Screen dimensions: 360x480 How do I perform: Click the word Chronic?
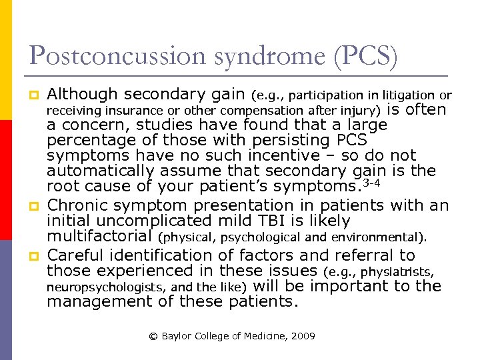(79, 206)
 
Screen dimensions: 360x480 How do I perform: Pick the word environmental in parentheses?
(389, 237)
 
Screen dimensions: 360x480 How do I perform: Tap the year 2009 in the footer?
(303, 336)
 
